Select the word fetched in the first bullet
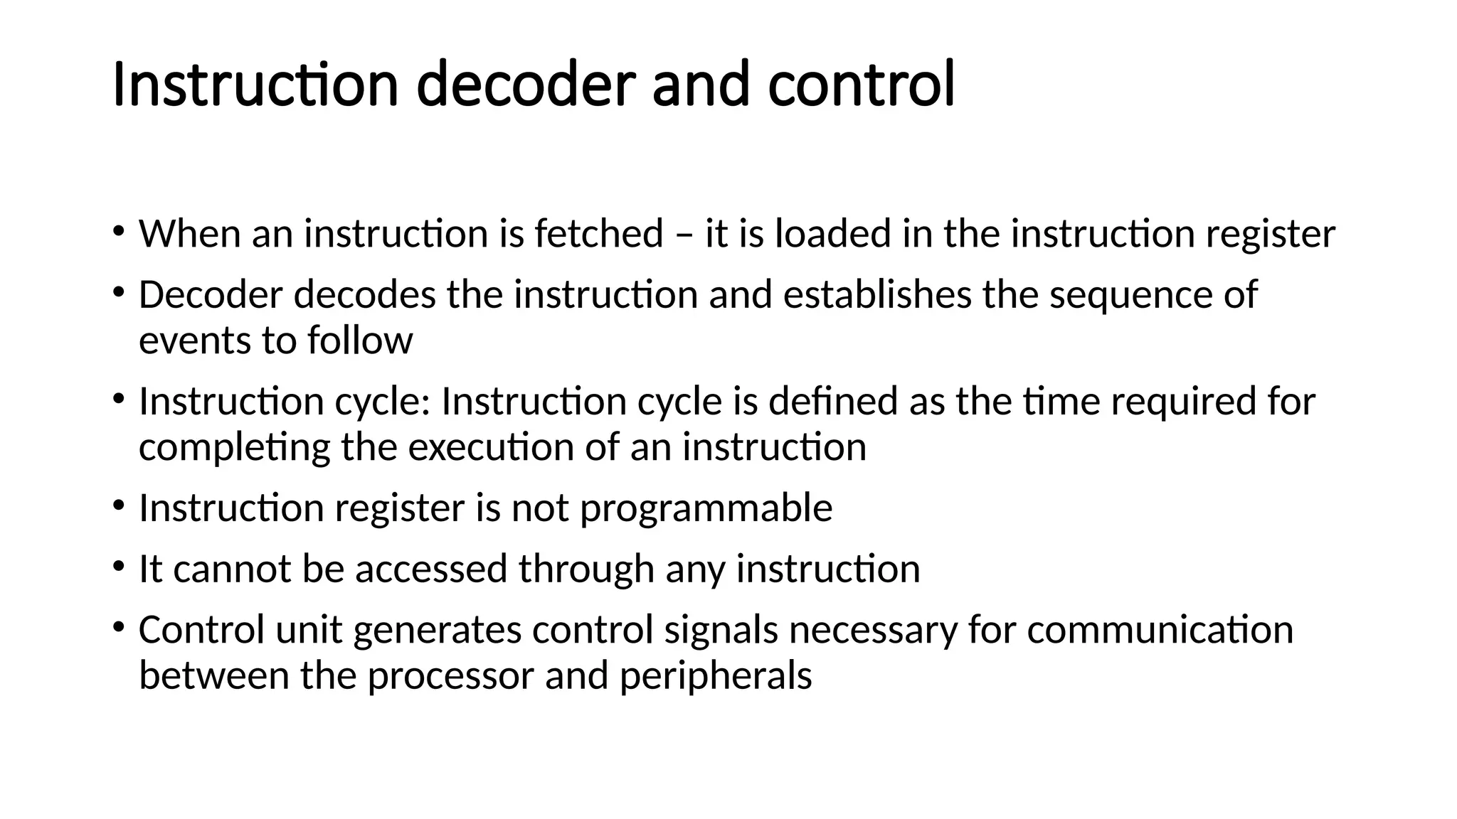(x=598, y=234)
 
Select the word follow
(x=360, y=341)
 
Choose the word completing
(x=234, y=449)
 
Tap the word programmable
(x=706, y=509)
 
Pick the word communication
(x=1160, y=630)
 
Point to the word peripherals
(x=715, y=676)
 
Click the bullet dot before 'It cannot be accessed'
(x=118, y=567)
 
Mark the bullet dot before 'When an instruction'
(x=118, y=231)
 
